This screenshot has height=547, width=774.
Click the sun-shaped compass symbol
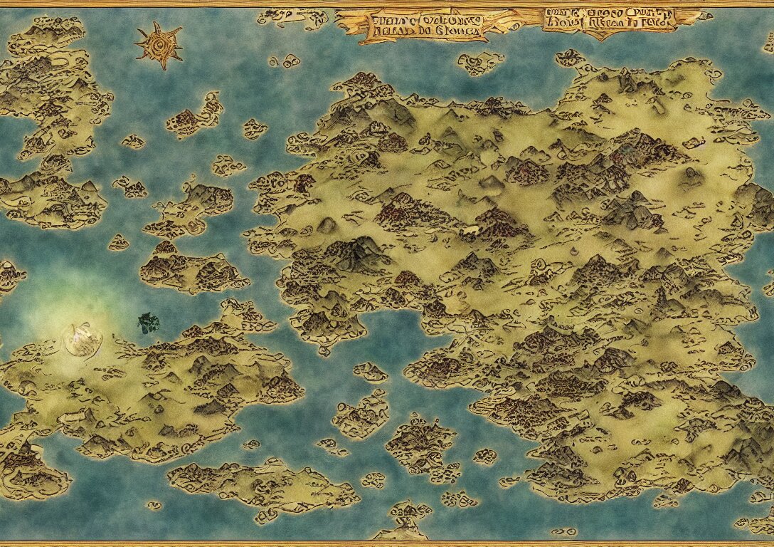[159, 45]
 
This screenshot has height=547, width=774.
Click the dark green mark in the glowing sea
[148, 323]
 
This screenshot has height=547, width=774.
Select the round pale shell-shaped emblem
[83, 339]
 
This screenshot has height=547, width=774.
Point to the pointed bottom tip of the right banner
[605, 37]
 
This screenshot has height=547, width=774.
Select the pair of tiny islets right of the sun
[284, 61]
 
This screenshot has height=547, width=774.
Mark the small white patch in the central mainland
[470, 230]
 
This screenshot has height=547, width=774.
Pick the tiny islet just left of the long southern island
[154, 505]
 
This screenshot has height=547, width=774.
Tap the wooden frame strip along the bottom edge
[387, 543]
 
